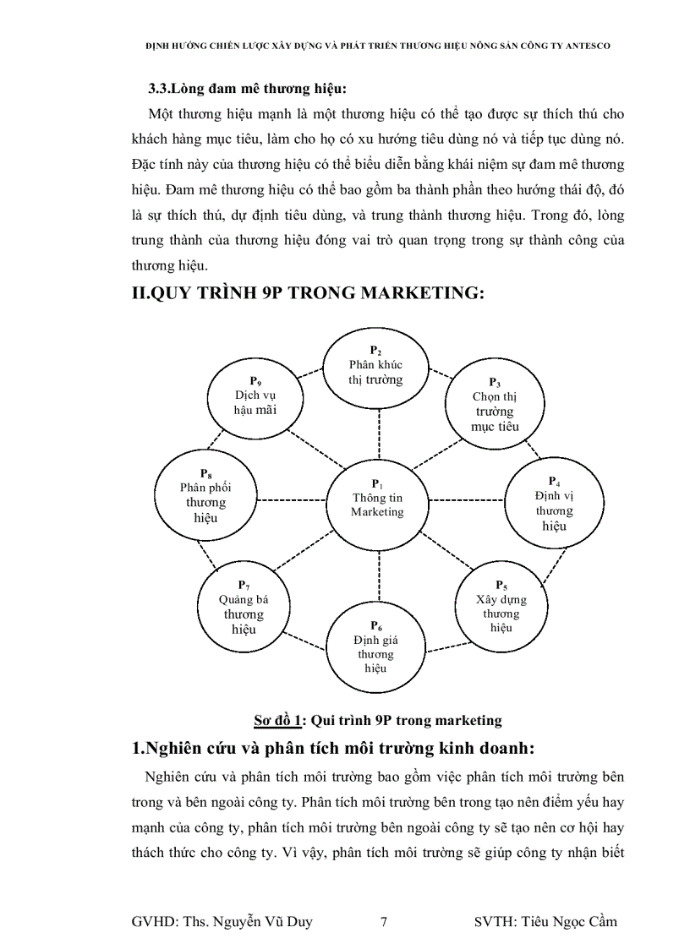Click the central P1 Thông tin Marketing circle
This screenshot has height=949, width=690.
click(378, 499)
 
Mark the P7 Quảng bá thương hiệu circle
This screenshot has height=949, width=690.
click(244, 606)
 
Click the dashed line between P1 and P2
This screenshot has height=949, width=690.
click(379, 429)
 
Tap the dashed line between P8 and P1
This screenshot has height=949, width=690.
click(291, 499)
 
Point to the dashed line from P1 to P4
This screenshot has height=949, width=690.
click(467, 499)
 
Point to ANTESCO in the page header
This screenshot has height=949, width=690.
click(585, 46)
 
